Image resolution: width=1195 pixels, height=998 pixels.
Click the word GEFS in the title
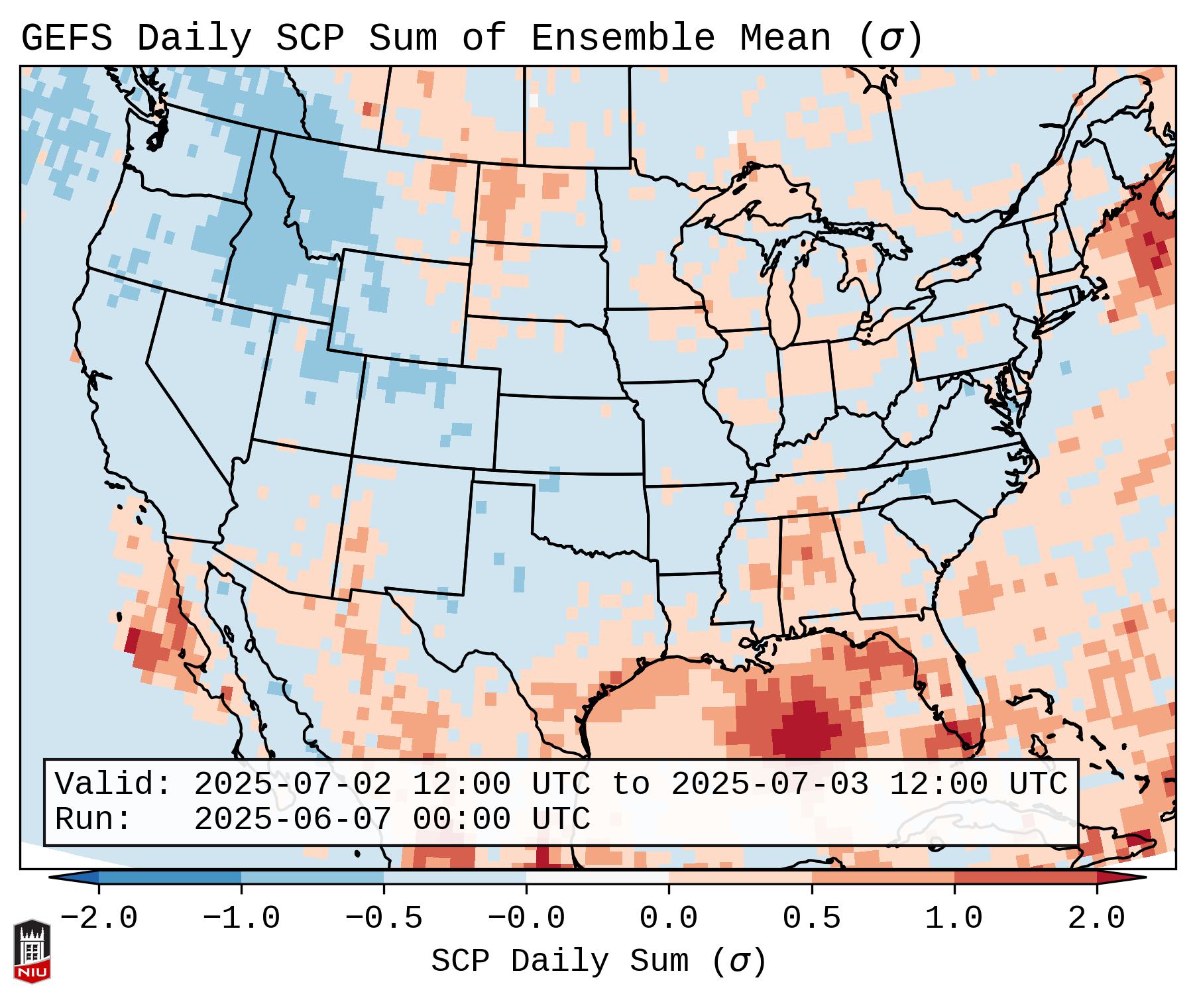pos(66,38)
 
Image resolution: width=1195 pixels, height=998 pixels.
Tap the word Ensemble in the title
pos(622,38)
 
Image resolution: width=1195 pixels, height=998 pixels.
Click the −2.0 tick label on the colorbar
pos(99,918)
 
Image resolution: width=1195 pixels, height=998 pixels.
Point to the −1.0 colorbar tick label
pos(241,918)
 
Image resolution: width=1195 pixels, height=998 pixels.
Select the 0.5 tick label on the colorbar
pos(811,918)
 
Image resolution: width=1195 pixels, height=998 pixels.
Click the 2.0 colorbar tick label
pos(1096,918)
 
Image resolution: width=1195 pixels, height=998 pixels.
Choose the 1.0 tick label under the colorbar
pos(954,918)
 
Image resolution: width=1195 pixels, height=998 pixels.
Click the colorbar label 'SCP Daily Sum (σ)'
pos(598,962)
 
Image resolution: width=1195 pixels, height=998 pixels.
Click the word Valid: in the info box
pos(113,784)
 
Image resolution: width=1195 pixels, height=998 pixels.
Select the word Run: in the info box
pos(93,819)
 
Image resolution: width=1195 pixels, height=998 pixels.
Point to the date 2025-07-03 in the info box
pos(769,784)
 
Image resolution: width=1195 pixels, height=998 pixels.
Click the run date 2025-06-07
pos(292,819)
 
